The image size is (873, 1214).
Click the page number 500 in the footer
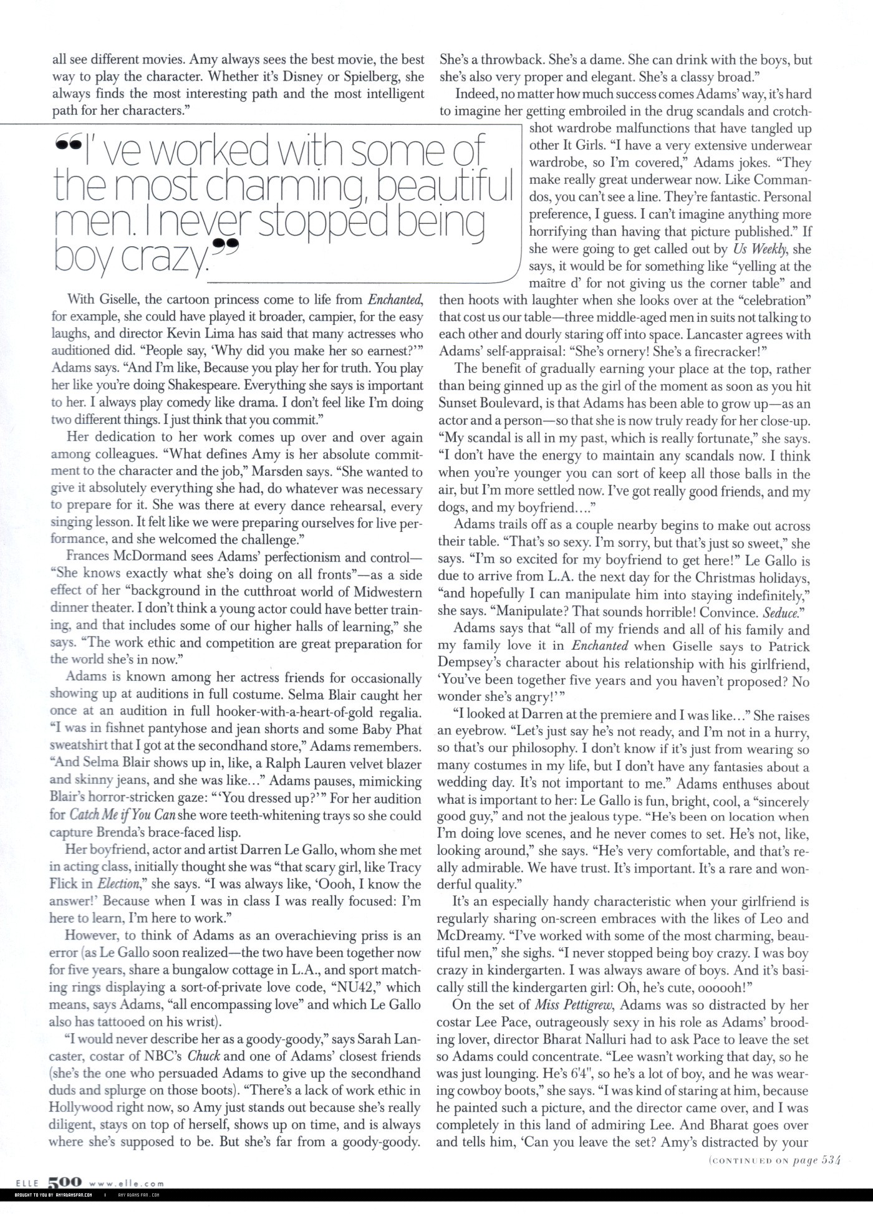pyautogui.click(x=64, y=1182)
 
